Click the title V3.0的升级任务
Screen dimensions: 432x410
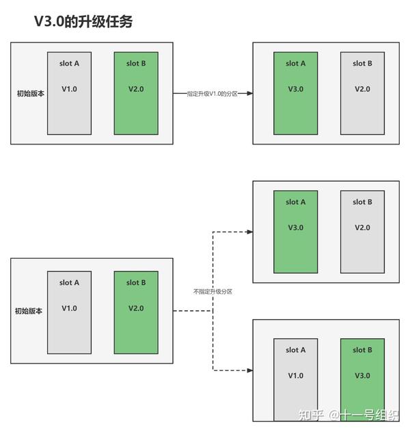(x=83, y=21)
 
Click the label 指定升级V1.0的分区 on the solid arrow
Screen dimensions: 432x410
(x=212, y=94)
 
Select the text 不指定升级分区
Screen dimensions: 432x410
(x=213, y=291)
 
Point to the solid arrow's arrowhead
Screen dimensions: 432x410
(x=249, y=94)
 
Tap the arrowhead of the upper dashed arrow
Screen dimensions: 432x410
(x=249, y=231)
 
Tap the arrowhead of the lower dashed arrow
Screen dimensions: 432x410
(x=249, y=370)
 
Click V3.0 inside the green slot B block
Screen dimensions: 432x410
(x=362, y=375)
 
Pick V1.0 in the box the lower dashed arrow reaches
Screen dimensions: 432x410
(x=295, y=375)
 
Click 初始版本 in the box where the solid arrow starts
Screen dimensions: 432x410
(x=30, y=94)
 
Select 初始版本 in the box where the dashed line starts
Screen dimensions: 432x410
(x=29, y=310)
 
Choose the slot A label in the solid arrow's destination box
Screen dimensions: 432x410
(x=295, y=64)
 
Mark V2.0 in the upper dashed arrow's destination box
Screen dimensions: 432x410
(x=362, y=227)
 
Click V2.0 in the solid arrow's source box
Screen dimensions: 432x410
(x=136, y=89)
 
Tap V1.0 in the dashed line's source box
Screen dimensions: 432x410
(x=69, y=308)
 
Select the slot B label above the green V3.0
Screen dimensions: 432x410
(x=362, y=350)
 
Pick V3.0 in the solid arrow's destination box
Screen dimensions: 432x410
(x=295, y=89)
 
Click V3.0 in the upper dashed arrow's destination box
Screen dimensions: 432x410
(x=295, y=227)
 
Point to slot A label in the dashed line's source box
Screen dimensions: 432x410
(x=69, y=283)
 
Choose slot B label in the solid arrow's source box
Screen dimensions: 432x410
(x=136, y=64)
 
